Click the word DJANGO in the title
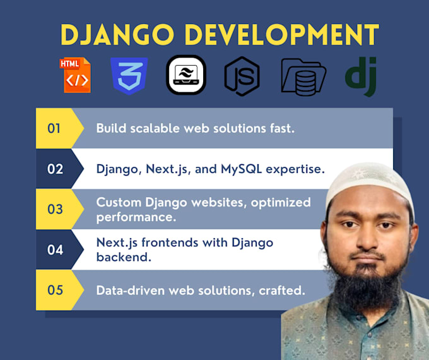pos(117,34)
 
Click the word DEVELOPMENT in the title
pos(282,34)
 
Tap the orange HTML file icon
pos(75,75)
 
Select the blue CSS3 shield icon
pos(129,76)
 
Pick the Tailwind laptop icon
pos(186,75)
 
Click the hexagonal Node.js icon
pos(242,76)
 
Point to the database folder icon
pos(303,77)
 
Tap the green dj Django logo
pos(361,76)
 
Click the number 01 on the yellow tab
pos(54,128)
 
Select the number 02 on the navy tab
pos(55,169)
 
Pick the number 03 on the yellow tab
pos(55,209)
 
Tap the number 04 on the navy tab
pos(55,249)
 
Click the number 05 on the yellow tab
pos(55,290)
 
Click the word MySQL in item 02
pos(241,169)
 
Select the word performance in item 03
pos(136,217)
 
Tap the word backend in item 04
pos(124,257)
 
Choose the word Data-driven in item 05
pos(130,291)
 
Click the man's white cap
pos(369,181)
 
